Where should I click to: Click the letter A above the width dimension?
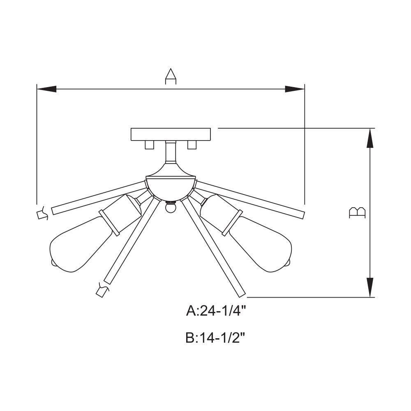(171, 76)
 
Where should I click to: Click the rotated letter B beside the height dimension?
(357, 212)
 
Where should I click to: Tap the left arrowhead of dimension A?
(47, 89)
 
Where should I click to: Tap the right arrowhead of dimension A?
(295, 89)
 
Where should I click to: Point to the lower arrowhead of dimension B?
(370, 288)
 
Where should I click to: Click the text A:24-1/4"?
(216, 311)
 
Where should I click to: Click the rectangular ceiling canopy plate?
(171, 134)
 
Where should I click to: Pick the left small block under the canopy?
(150, 145)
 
